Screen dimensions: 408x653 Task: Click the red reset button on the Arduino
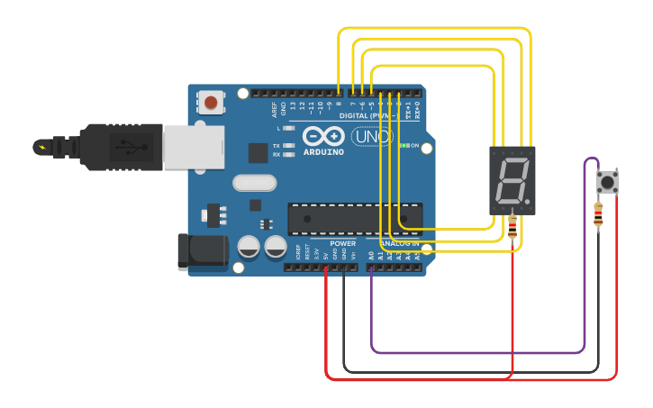click(211, 103)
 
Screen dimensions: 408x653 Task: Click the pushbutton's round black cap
click(608, 183)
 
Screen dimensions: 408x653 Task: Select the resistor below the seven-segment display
click(512, 226)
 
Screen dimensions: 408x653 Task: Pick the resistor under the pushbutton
click(599, 214)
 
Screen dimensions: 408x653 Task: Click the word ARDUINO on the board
click(323, 151)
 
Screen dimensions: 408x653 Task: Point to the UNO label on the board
click(372, 136)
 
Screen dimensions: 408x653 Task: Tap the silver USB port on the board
click(193, 147)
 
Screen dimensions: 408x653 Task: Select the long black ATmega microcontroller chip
click(355, 219)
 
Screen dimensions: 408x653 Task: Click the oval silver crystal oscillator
click(255, 183)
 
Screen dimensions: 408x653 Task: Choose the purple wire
click(477, 351)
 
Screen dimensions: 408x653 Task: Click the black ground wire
click(468, 370)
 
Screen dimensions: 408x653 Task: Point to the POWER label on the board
click(342, 243)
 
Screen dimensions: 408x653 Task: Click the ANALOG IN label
click(399, 243)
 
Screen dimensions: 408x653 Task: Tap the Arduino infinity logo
click(323, 136)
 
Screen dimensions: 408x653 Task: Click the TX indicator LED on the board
click(289, 145)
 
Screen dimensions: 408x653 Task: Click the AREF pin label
click(275, 109)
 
